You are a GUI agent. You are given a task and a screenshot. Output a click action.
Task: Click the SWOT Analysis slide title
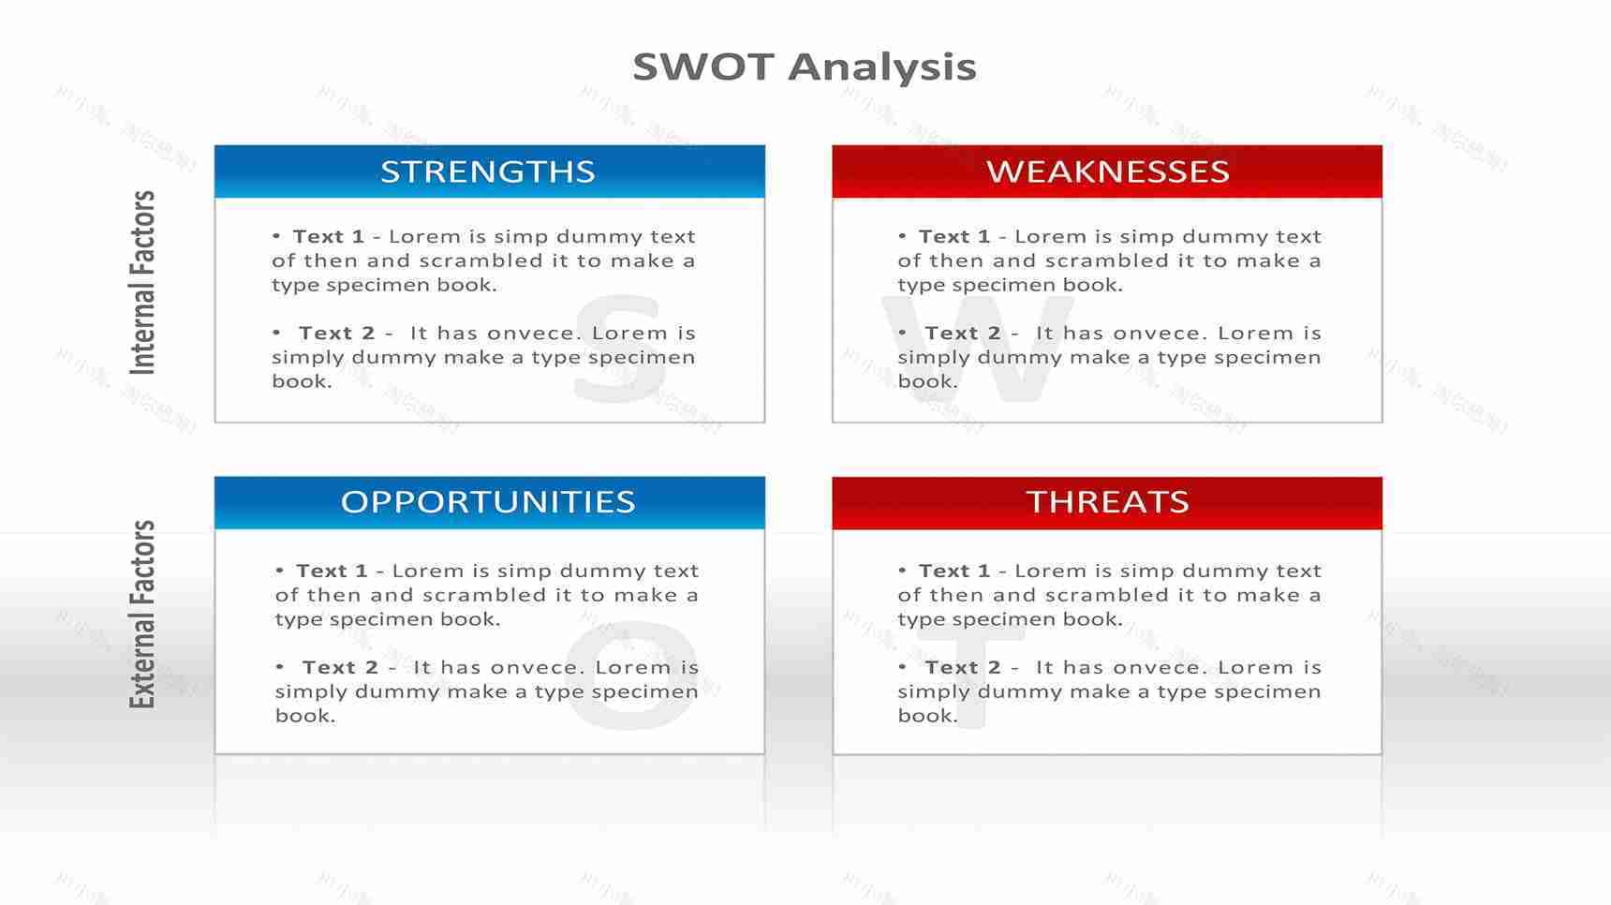pyautogui.click(x=805, y=67)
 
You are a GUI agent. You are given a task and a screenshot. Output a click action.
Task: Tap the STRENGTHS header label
pyautogui.click(x=488, y=171)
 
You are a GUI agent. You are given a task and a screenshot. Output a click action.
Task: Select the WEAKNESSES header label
pyautogui.click(x=1107, y=171)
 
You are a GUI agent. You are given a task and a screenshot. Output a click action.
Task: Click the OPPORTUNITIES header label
pyautogui.click(x=488, y=502)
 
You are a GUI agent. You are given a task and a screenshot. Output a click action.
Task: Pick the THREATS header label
pyautogui.click(x=1107, y=502)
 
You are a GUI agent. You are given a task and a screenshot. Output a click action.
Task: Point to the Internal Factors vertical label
pyautogui.click(x=142, y=283)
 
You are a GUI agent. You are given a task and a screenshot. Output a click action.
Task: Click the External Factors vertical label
pyautogui.click(x=142, y=615)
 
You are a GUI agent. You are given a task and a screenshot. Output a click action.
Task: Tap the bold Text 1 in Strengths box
pyautogui.click(x=328, y=237)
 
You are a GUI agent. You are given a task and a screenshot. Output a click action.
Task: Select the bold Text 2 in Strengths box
pyautogui.click(x=336, y=334)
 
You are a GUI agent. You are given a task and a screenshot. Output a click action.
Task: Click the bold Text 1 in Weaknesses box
pyautogui.click(x=953, y=237)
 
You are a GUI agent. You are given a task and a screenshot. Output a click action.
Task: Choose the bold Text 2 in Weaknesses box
pyautogui.click(x=962, y=334)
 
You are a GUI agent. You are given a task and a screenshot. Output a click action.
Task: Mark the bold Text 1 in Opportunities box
pyautogui.click(x=332, y=571)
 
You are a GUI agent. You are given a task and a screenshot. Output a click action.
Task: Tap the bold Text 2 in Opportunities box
pyautogui.click(x=340, y=668)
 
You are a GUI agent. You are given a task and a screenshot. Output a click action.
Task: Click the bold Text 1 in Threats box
pyautogui.click(x=953, y=571)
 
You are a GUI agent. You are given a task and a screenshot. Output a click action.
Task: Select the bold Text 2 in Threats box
pyautogui.click(x=962, y=668)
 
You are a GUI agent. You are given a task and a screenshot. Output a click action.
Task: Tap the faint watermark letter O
pyautogui.click(x=632, y=679)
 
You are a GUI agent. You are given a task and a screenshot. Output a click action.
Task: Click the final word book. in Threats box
pyautogui.click(x=927, y=716)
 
